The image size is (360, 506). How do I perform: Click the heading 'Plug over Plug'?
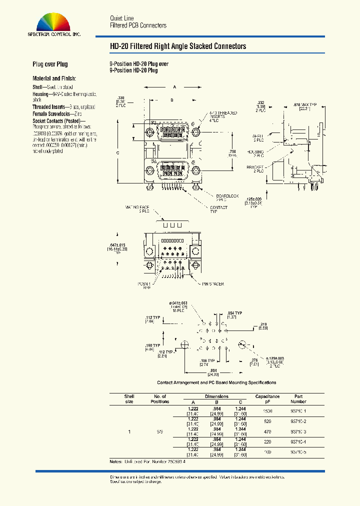coord(50,64)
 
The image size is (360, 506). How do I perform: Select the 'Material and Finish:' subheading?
coord(54,78)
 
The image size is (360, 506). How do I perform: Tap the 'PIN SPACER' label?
coord(213,284)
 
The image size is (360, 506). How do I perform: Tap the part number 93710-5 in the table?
coord(298,452)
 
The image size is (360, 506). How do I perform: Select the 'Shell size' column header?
coord(129,398)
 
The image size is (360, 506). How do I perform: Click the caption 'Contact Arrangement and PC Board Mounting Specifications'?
coord(216,382)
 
